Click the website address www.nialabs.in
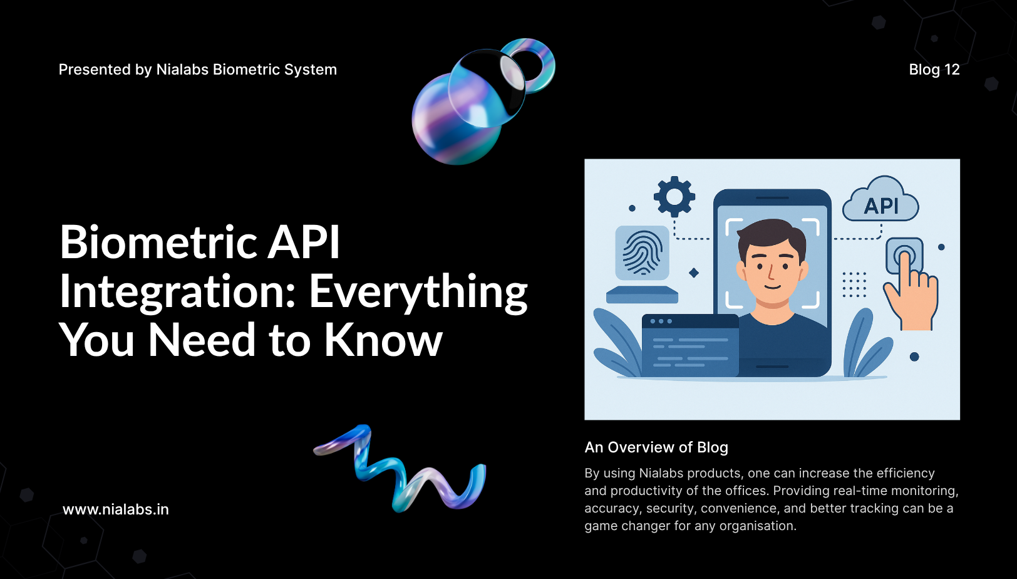pos(116,509)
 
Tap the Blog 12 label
pos(934,70)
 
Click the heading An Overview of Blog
pos(656,447)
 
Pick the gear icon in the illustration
pos(674,197)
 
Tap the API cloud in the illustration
pos(880,200)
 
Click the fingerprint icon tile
pos(642,253)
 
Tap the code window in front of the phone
pos(690,345)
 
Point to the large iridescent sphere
pos(457,118)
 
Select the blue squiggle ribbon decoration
pos(400,468)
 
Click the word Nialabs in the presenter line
pos(182,70)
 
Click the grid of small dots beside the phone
pos(854,284)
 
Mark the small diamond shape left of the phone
pos(694,273)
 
